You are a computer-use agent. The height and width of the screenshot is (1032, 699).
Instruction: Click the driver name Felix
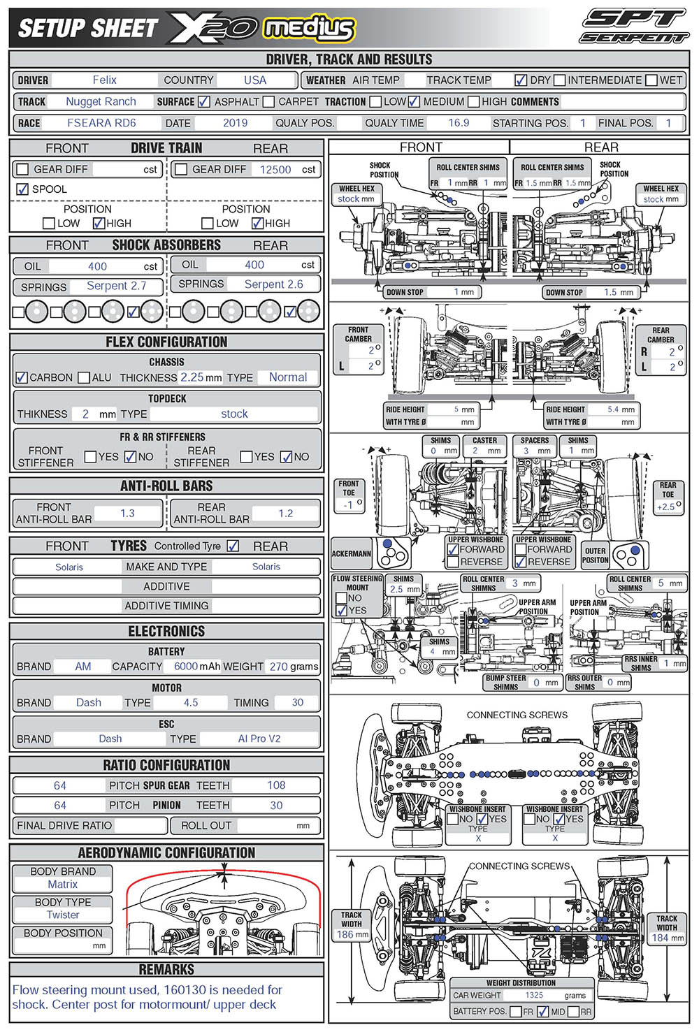click(104, 80)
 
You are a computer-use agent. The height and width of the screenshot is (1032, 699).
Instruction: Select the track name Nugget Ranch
click(101, 101)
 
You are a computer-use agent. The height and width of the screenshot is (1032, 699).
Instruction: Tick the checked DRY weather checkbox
click(521, 80)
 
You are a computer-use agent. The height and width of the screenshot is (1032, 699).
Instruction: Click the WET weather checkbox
click(651, 80)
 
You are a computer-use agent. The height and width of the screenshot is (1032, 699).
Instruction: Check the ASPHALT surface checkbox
click(204, 102)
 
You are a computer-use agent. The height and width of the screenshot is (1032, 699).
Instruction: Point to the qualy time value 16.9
click(459, 123)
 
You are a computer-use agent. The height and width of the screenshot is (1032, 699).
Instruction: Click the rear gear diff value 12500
click(275, 170)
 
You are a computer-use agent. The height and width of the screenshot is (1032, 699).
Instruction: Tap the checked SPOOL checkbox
click(22, 189)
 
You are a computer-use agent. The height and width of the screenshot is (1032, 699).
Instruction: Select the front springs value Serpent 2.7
click(116, 286)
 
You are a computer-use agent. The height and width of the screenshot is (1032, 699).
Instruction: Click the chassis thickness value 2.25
click(192, 377)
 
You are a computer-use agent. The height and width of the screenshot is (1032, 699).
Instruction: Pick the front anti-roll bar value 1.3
click(127, 514)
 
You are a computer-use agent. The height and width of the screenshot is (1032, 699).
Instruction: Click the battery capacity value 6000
click(186, 667)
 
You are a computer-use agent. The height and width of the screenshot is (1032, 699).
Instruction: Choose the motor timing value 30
click(298, 703)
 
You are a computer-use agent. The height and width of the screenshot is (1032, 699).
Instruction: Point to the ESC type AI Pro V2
click(259, 739)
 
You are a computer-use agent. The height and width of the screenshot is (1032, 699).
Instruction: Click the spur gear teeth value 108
click(276, 785)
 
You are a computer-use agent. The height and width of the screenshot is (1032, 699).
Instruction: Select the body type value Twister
click(63, 915)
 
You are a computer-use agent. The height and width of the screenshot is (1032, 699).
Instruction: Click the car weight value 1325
click(534, 995)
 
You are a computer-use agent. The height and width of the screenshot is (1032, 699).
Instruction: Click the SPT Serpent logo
click(634, 27)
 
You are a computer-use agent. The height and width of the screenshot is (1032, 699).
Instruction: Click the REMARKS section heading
click(166, 970)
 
